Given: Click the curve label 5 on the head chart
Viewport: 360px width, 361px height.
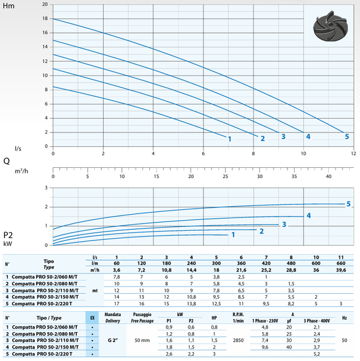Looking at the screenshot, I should click(346, 137).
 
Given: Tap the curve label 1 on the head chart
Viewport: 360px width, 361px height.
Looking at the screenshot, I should click(229, 139).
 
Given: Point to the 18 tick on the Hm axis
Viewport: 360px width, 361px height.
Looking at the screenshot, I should click(44, 19).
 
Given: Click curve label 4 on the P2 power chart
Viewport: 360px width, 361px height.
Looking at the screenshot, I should click(308, 215).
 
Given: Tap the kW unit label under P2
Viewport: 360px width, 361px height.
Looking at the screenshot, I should click(8, 244).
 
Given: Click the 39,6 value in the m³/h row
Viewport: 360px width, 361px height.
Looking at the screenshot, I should click(341, 269).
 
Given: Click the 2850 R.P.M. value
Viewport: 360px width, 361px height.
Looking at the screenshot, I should click(237, 339).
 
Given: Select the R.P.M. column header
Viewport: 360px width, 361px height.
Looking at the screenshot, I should click(237, 314).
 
